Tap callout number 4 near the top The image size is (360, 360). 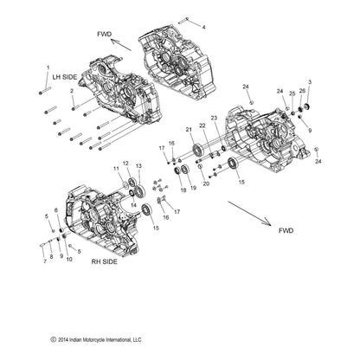(203, 27)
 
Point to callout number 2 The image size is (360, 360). (72, 90)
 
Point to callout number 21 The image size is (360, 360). (189, 128)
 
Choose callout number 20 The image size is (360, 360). (205, 184)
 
